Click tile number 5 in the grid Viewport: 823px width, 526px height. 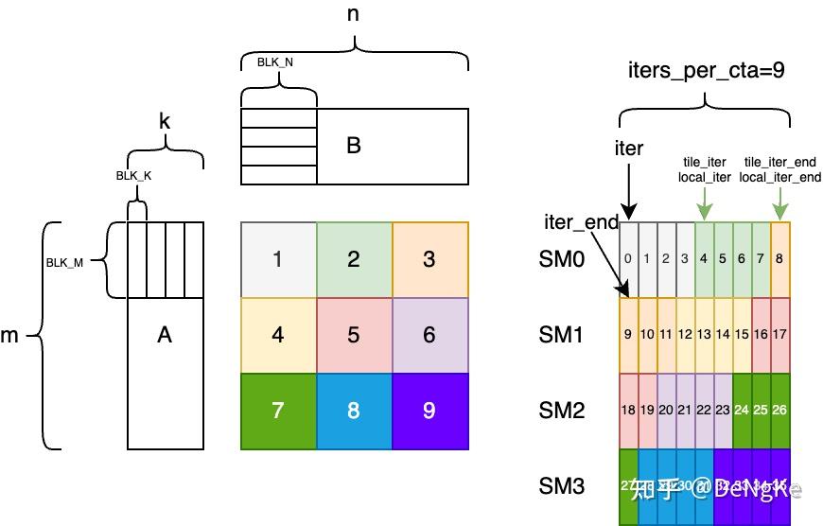pyautogui.click(x=354, y=335)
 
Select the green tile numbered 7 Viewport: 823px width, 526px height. pyautogui.click(x=278, y=411)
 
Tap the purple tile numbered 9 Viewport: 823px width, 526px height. pyautogui.click(x=429, y=411)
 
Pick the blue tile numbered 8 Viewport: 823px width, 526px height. pyautogui.click(x=354, y=411)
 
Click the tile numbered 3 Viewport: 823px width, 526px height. pyautogui.click(x=429, y=259)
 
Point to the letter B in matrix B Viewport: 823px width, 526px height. pyautogui.click(x=354, y=146)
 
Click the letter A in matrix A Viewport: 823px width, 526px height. pyautogui.click(x=165, y=334)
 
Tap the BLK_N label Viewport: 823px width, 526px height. pyautogui.click(x=275, y=62)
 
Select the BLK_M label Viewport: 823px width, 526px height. pyautogui.click(x=65, y=262)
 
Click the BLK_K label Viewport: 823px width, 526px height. pyautogui.click(x=134, y=175)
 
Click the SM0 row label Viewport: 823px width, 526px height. pyautogui.click(x=562, y=259)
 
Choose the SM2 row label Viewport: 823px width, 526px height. pyautogui.click(x=562, y=411)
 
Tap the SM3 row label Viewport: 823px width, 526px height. pyautogui.click(x=562, y=486)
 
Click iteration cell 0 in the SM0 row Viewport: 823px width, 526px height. pyautogui.click(x=629, y=259)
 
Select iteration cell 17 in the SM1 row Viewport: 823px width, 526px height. pyautogui.click(x=780, y=335)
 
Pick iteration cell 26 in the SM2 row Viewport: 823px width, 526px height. pyautogui.click(x=780, y=411)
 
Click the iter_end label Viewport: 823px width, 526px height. pyautogui.click(x=581, y=223)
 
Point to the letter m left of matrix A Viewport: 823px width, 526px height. pyautogui.click(x=9, y=336)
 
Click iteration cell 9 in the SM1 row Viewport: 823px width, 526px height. pyautogui.click(x=629, y=335)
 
